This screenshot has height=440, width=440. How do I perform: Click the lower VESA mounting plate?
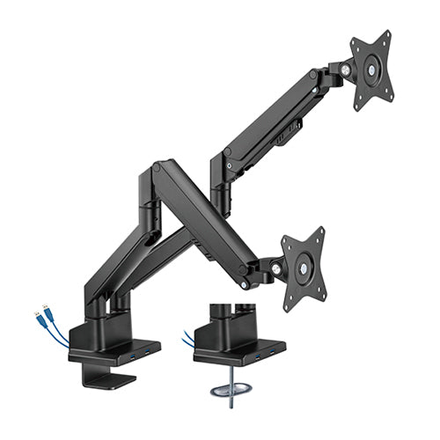tap(304, 267)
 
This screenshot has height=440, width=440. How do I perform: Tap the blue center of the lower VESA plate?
tap(304, 268)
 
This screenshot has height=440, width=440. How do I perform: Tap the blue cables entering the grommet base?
tap(187, 339)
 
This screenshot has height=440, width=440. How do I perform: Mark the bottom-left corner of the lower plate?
tap(287, 308)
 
